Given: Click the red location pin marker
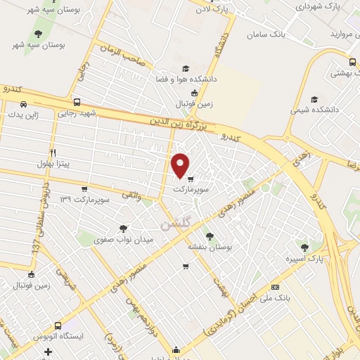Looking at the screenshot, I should pos(181,165).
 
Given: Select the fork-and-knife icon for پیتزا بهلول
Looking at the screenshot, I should pos(53,153).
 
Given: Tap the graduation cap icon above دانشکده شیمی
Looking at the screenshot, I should pos(314,99).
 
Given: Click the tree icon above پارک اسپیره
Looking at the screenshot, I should pos(304,247).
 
